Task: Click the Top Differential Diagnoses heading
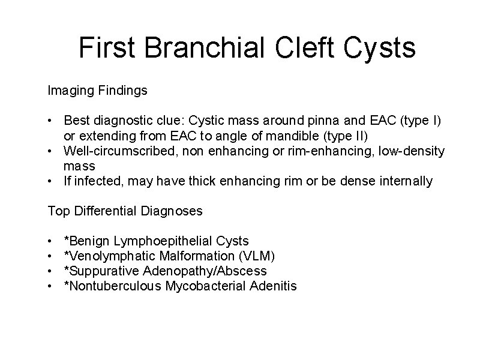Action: click(x=125, y=211)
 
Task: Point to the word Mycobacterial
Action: click(x=206, y=286)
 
